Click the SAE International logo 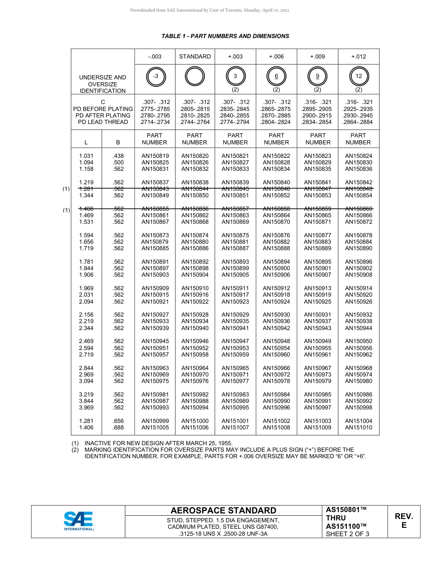pyautogui.click(x=78, y=521)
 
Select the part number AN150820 pyautogui.click(x=195, y=156)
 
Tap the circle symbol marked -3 pyautogui.click(x=156, y=76)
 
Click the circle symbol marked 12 pyautogui.click(x=358, y=76)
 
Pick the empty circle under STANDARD pyautogui.click(x=195, y=76)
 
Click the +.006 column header pyautogui.click(x=276, y=57)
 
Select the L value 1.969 pyautogui.click(x=86, y=288)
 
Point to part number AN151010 pyautogui.click(x=358, y=428)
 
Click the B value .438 pyautogui.click(x=118, y=156)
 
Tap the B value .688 pyautogui.click(x=118, y=428)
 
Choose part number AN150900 pyautogui.click(x=276, y=268)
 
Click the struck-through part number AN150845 pyautogui.click(x=235, y=189)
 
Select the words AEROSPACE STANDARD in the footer pyautogui.click(x=223, y=511)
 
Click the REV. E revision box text pyautogui.click(x=403, y=521)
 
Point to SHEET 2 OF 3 pyautogui.click(x=348, y=534)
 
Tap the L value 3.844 pyautogui.click(x=86, y=401)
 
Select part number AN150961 pyautogui.click(x=318, y=355)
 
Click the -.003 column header pyautogui.click(x=155, y=57)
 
